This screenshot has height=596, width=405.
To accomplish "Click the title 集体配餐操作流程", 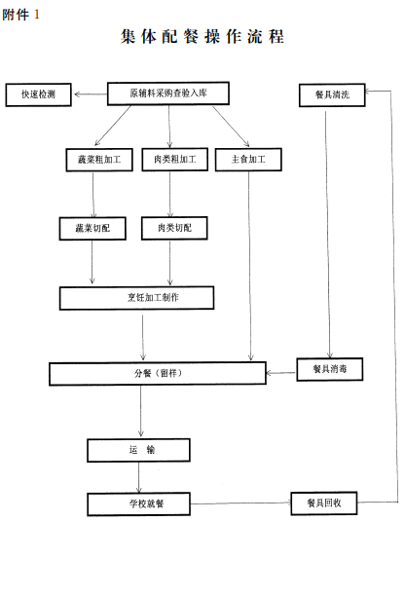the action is pos(202,36).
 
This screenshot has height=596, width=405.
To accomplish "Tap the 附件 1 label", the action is pos(20,15).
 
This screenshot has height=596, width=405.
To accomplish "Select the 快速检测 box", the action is pos(38,94).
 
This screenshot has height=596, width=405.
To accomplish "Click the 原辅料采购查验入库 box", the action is pos(168,93).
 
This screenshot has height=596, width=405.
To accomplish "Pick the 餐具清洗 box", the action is pos(332,95).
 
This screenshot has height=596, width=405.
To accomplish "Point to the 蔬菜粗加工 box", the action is pos(99,160).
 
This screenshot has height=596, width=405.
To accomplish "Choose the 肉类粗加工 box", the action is pos(175,160).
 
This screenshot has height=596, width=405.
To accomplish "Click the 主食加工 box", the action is pos(248,160).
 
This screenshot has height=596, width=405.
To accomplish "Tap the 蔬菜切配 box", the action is pos(92,229).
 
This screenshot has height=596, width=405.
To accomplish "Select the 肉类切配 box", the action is pos(174,228).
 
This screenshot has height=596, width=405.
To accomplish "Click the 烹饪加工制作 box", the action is pos(136,298).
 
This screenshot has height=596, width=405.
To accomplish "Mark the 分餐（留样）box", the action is pos(158,374).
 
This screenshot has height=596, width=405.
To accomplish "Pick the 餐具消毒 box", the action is pos(330,369).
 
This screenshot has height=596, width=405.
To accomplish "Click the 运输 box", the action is pos(138,451).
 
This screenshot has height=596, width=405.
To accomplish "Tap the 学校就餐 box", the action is pos(138,504).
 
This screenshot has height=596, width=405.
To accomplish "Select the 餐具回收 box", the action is pos(324,503).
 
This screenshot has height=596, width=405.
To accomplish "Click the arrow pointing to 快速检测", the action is pos(91,94).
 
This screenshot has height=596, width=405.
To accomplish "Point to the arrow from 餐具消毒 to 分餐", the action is pos(281,373).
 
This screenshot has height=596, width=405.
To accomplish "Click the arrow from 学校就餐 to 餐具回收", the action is pos(240,503).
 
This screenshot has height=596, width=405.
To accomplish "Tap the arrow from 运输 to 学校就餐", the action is pos(138,477).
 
